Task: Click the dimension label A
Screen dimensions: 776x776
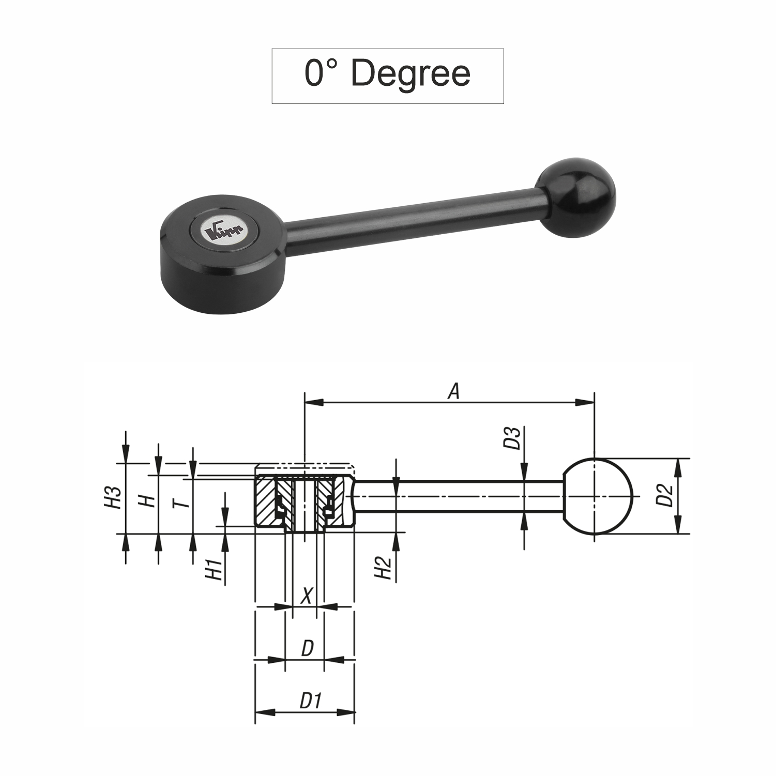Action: [453, 391]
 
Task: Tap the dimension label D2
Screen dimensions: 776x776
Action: [667, 495]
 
